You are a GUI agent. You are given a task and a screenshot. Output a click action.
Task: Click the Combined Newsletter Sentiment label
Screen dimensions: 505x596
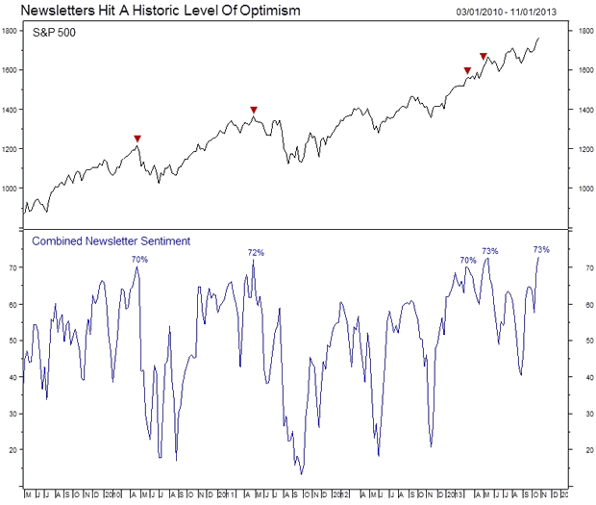(112, 240)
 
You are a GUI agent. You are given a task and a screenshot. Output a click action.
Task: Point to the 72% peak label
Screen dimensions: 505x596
(256, 253)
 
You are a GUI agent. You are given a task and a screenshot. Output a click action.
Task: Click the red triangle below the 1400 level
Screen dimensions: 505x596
(254, 111)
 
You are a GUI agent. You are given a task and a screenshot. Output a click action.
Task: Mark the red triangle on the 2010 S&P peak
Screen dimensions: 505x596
(137, 139)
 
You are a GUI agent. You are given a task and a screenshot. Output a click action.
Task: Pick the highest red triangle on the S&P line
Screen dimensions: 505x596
(483, 57)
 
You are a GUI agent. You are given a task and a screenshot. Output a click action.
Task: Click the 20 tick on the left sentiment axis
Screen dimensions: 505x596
(13, 449)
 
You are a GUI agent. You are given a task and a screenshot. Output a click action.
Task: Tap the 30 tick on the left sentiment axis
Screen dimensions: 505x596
(13, 413)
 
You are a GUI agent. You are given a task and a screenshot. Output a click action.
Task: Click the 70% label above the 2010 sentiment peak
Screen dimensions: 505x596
(139, 259)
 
